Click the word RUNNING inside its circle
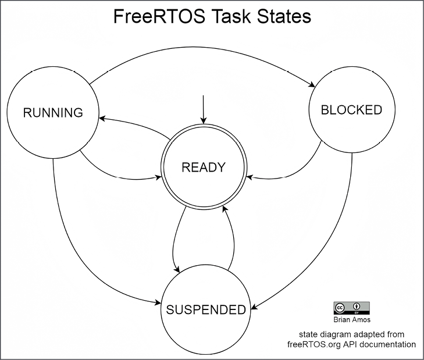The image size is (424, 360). (x=53, y=113)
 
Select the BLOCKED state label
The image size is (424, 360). (x=352, y=110)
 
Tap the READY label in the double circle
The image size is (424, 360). (x=203, y=167)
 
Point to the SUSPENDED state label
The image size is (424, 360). (x=206, y=310)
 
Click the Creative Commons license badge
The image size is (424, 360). (x=351, y=308)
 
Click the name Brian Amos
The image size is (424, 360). (x=351, y=320)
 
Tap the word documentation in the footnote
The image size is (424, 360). (x=391, y=344)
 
